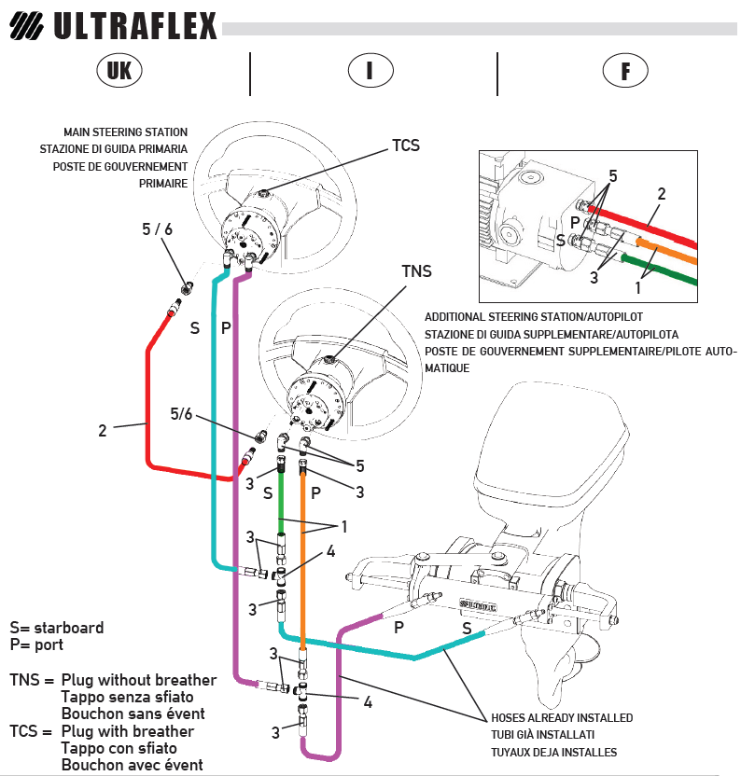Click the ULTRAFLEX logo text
[135, 25]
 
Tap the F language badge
[625, 71]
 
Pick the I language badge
[370, 71]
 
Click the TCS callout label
[405, 145]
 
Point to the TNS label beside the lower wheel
[416, 271]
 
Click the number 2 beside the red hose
[103, 431]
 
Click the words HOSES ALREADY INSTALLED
[562, 718]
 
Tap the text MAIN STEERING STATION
[125, 132]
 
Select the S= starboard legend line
[57, 628]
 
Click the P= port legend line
[36, 644]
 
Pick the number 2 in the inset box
[661, 194]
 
